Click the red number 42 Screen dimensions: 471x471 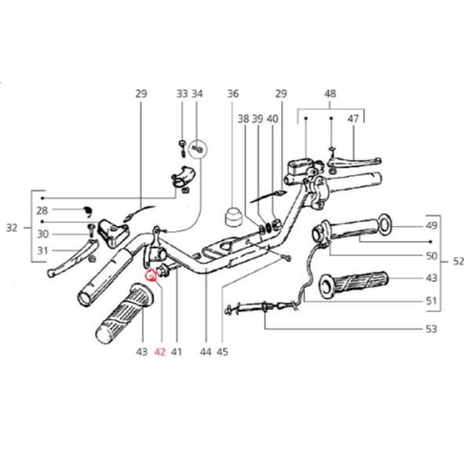(x=160, y=352)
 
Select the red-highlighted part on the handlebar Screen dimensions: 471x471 (x=150, y=275)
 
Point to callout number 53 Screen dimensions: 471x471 (x=431, y=328)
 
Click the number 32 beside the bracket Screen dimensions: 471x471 (x=11, y=228)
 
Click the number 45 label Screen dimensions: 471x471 (x=223, y=352)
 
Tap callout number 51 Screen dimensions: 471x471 (x=431, y=301)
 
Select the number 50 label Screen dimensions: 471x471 (x=431, y=256)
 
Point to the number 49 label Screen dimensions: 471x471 (x=431, y=227)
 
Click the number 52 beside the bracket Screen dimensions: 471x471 (x=458, y=262)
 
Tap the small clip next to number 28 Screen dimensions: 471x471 (x=88, y=210)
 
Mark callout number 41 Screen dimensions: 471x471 (x=176, y=352)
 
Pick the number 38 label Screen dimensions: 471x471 (x=243, y=119)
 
